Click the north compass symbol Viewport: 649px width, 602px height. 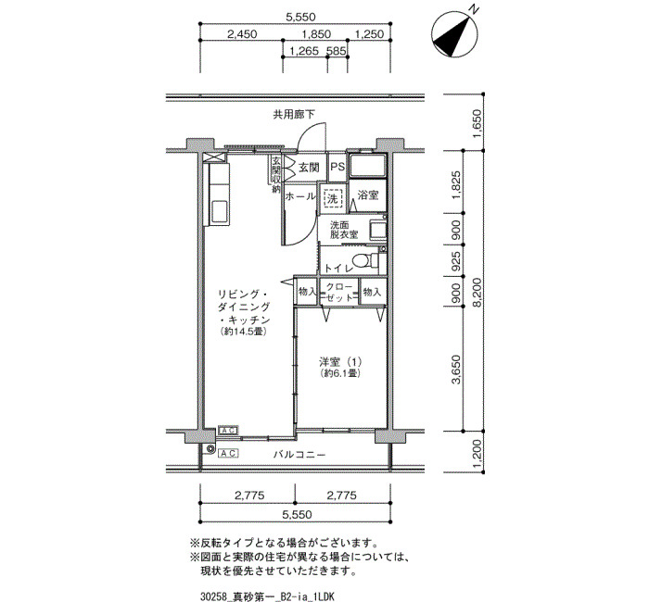pyautogui.click(x=454, y=33)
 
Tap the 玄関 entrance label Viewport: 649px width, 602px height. pyautogui.click(x=309, y=168)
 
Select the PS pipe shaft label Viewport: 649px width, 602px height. pyautogui.click(x=337, y=167)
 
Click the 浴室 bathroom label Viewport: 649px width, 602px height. pyautogui.click(x=367, y=194)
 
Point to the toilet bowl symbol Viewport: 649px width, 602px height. pyautogui.click(x=364, y=261)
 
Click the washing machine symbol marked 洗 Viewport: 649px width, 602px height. pyautogui.click(x=332, y=198)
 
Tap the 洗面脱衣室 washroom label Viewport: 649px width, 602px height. pyautogui.click(x=344, y=230)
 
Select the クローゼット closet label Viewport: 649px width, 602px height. pyautogui.click(x=339, y=293)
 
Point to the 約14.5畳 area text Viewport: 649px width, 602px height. pyautogui.click(x=243, y=332)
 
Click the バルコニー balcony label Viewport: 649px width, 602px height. pyautogui.click(x=299, y=455)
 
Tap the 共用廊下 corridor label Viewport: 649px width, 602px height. pyautogui.click(x=294, y=114)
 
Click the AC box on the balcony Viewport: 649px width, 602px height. pyautogui.click(x=228, y=454)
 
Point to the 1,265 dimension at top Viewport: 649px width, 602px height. pyautogui.click(x=304, y=51)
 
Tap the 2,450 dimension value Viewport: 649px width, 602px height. pyautogui.click(x=242, y=34)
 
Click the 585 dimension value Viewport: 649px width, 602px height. pyautogui.click(x=336, y=51)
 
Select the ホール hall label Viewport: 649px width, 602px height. pyautogui.click(x=300, y=196)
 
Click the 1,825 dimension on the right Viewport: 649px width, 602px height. pyautogui.click(x=456, y=184)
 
